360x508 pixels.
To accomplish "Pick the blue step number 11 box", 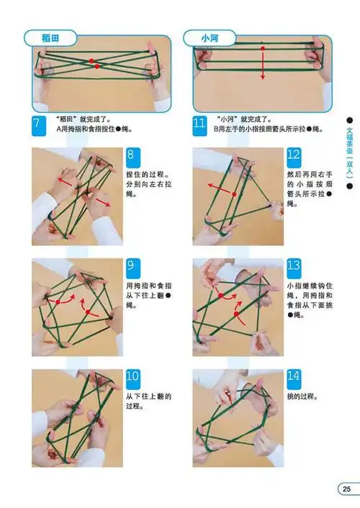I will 200,124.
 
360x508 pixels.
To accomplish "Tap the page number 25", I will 346,490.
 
